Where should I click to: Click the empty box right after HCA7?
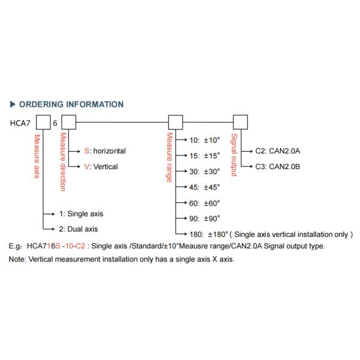coord(44,123)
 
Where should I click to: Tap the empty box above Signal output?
coord(241,123)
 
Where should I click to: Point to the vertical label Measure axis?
coord(37,157)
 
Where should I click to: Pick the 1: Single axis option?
coord(82,214)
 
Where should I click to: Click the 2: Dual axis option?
coord(79,229)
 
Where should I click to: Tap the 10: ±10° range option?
coord(205,140)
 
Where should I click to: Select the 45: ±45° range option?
coord(205,187)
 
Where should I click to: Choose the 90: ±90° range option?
coord(205,218)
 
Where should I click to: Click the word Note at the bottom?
coord(15,259)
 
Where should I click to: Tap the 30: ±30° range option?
coord(205,171)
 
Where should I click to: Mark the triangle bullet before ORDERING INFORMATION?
coord(13,104)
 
